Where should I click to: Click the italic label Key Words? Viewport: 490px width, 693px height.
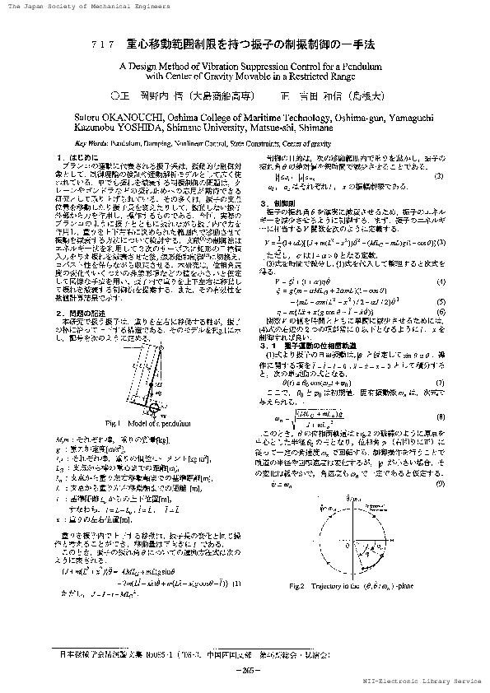coord(81,142)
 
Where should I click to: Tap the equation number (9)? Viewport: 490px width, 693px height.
coord(441,460)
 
